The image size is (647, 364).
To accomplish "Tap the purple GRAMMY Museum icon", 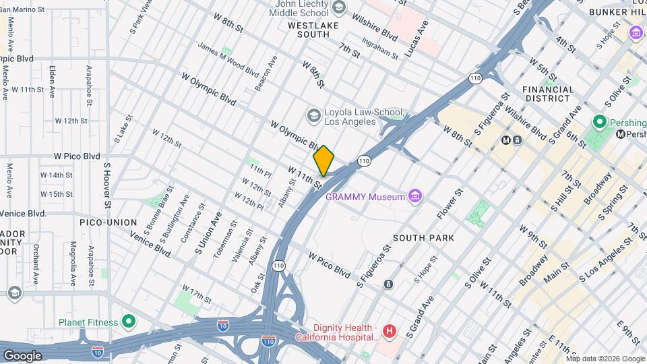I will (x=417, y=197).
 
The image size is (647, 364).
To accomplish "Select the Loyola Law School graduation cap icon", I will (x=313, y=115).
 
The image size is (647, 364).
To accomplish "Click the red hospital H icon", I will (x=389, y=331).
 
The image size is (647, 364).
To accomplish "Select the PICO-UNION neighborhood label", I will (x=108, y=222).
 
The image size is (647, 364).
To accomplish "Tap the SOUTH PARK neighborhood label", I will (x=423, y=238).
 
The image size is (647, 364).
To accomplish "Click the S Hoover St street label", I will (x=106, y=185).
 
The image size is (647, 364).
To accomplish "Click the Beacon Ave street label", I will (x=266, y=73).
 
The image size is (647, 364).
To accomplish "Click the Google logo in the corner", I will (x=22, y=355).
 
